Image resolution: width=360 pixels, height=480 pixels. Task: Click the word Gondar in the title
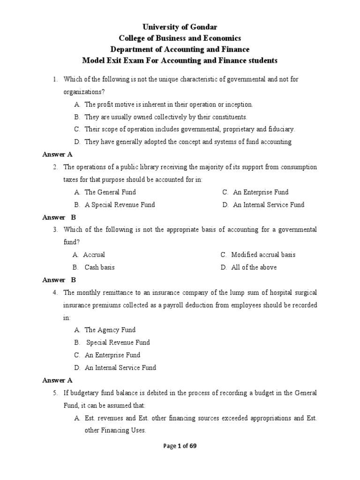(204, 27)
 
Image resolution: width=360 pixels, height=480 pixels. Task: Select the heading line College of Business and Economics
(180, 38)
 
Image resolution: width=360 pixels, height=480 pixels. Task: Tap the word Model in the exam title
(93, 60)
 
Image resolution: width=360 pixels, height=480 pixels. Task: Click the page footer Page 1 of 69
(180, 446)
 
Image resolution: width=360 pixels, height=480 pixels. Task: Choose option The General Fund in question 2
(110, 192)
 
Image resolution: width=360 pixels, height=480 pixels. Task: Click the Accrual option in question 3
(94, 255)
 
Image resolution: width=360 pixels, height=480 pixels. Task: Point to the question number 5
(55, 393)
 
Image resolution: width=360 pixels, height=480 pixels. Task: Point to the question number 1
(55, 79)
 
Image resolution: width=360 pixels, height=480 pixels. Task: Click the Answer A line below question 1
(57, 154)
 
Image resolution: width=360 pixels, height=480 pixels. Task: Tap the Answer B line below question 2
(59, 217)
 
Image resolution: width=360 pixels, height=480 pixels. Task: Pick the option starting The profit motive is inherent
(169, 104)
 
